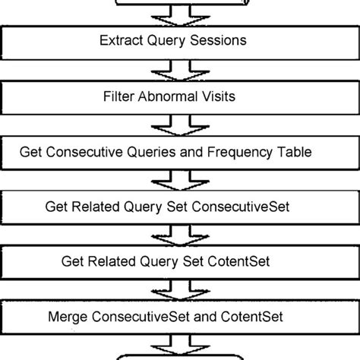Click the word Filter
click(122, 96)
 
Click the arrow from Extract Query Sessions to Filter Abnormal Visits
click(179, 68)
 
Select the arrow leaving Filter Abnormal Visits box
click(179, 124)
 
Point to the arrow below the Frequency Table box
click(179, 179)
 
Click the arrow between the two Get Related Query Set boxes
click(179, 234)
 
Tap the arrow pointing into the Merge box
click(179, 289)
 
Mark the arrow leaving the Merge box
click(179, 343)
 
